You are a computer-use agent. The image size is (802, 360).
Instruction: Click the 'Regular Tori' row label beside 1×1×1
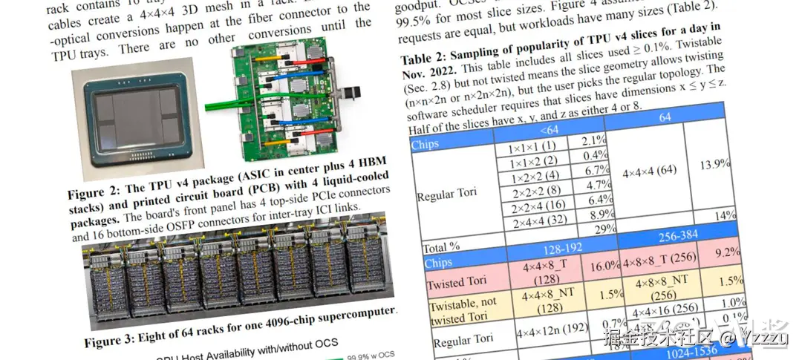coord(448,196)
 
